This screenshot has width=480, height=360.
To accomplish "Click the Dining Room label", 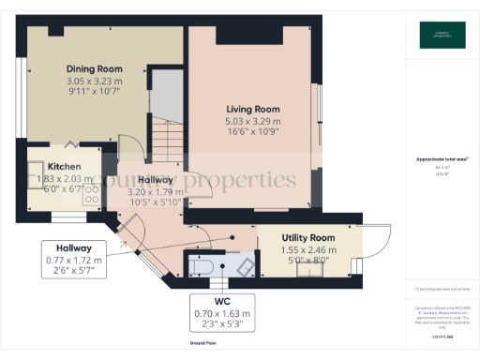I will pos(94,68).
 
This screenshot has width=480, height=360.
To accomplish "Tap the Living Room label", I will pos(252,108).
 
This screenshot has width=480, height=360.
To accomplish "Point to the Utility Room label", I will pos(308,239).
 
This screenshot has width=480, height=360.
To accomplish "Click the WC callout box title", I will pos(222,301).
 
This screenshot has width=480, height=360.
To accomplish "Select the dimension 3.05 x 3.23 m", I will pos(94,82).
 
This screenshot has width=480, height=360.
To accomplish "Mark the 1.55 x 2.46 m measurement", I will pos(308,252).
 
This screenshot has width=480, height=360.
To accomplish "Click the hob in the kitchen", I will pos(93,196).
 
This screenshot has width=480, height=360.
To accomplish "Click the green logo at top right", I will pos(442,36).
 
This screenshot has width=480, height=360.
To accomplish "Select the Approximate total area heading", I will pos(442,158).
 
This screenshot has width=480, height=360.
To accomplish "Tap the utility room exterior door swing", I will pos(378,246).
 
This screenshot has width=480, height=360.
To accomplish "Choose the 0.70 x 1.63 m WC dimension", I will pos(222,313).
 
